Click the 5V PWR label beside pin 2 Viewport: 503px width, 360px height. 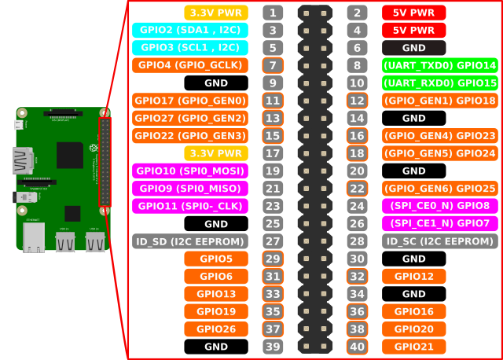pos(413,13)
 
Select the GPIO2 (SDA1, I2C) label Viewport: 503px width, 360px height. pos(190,30)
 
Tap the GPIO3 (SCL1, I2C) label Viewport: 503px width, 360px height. pos(190,47)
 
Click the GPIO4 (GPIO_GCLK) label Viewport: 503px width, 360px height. pos(190,65)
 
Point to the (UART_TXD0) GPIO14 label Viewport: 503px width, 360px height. pos(439,65)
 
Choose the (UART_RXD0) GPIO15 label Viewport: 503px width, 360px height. pos(439,83)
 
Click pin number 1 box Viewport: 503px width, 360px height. pos(273,13)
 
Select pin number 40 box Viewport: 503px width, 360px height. pos(357,347)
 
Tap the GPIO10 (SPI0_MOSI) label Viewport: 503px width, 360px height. pos(190,171)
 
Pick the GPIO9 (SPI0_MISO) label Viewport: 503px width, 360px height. pos(190,189)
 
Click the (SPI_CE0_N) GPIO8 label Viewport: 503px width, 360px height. pos(439,206)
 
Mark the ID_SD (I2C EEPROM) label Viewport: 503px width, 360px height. pos(190,241)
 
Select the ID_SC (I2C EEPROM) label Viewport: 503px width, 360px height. pos(439,241)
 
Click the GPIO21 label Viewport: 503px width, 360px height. pos(413,347)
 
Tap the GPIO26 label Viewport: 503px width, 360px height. pos(216,329)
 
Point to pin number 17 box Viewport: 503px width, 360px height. pos(273,153)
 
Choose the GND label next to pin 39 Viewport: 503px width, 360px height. pos(216,347)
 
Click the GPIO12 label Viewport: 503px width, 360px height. pos(413,276)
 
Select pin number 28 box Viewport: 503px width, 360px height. pos(357,241)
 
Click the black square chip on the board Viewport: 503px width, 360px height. pos(70,155)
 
